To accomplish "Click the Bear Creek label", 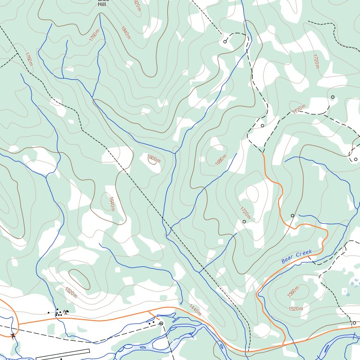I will click(x=296, y=256).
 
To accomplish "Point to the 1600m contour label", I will click(x=153, y=159).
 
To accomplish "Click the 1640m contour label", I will click(x=112, y=203).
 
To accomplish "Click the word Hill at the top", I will click(x=102, y=4).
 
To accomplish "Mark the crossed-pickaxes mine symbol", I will click(x=66, y=312).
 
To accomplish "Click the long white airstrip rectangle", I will click(x=63, y=354).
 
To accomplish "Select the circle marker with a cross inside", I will click(x=161, y=323).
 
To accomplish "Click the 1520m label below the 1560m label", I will click(x=296, y=308).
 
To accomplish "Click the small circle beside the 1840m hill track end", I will click(x=225, y=41).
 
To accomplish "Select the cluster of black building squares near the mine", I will click(x=58, y=313).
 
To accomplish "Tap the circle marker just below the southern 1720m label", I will click(x=244, y=222).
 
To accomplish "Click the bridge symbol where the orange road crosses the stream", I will click(x=13, y=335).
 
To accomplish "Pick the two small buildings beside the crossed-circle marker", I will click(x=151, y=322).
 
